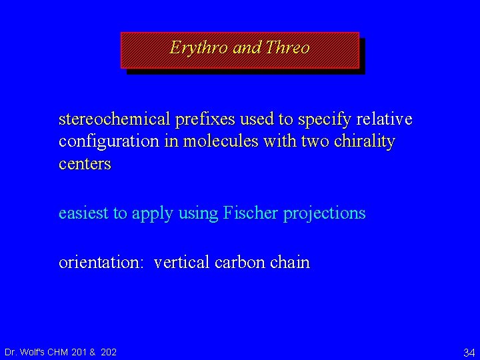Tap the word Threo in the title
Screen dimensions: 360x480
click(287, 48)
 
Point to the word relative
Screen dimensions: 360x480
click(385, 119)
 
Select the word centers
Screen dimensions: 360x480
click(85, 164)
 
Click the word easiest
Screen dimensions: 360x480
click(85, 213)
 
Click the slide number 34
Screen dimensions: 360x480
click(469, 352)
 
